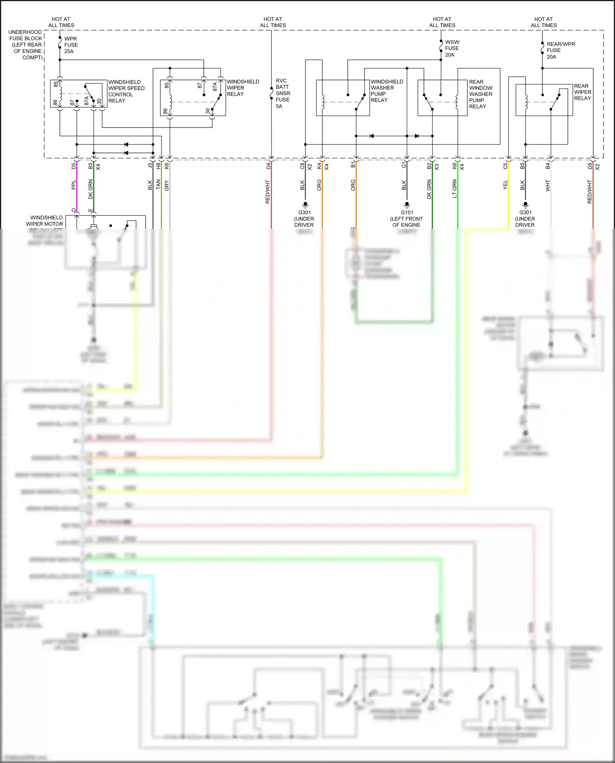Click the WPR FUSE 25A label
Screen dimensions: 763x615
tap(71, 45)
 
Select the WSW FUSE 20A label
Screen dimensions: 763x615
tap(452, 48)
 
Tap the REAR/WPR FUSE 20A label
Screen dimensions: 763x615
tap(560, 50)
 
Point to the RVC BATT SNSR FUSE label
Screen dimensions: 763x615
tap(282, 93)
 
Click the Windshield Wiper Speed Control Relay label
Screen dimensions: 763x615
tap(126, 91)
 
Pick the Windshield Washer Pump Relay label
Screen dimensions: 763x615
tap(386, 91)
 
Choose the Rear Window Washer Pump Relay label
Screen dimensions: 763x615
tap(480, 94)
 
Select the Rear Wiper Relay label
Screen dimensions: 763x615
tap(582, 92)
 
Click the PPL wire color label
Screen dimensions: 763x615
tap(74, 185)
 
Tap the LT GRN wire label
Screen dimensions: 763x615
tap(454, 189)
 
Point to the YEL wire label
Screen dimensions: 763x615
tap(506, 185)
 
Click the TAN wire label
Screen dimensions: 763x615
tap(158, 184)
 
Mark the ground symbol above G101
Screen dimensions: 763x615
tap(407, 204)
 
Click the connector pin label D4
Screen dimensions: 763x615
tap(268, 166)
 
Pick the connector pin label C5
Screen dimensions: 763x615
tap(506, 166)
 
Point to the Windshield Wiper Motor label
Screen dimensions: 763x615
tap(45, 221)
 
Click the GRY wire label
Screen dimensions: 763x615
tap(167, 185)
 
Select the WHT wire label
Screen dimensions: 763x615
tap(548, 186)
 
